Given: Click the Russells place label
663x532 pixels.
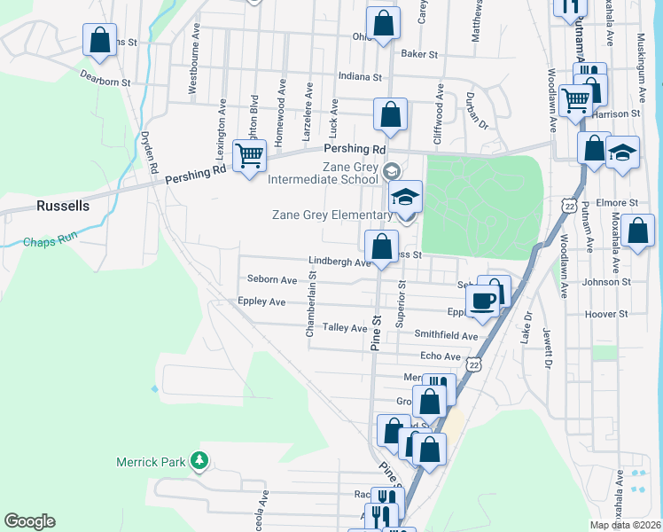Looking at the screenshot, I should click(x=63, y=206).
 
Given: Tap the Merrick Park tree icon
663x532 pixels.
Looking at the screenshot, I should click(x=200, y=460).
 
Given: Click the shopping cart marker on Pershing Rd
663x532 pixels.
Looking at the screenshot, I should click(x=250, y=156).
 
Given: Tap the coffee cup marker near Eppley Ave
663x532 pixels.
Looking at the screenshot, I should click(x=483, y=301).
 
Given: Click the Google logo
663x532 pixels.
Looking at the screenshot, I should click(x=29, y=521).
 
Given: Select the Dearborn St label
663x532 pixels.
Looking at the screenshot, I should click(x=105, y=82).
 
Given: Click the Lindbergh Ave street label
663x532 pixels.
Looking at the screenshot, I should click(x=339, y=262).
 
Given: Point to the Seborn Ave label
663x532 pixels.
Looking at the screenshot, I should click(x=272, y=280).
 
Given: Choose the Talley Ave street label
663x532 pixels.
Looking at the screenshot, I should click(x=345, y=328).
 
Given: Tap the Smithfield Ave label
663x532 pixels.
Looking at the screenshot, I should click(x=446, y=335).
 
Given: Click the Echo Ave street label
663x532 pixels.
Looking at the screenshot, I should click(x=441, y=356).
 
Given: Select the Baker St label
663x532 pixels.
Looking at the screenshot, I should click(x=420, y=54).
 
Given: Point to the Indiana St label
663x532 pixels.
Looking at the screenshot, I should click(x=364, y=76).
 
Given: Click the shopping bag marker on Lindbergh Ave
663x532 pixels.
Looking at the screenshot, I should click(x=382, y=247).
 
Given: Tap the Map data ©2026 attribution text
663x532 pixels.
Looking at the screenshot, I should click(x=625, y=525).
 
